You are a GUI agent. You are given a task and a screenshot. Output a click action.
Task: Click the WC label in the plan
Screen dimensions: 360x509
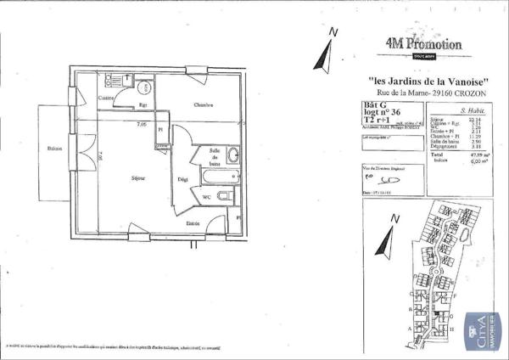coord(206,197)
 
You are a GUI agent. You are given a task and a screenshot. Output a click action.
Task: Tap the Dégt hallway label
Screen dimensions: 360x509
coord(182,179)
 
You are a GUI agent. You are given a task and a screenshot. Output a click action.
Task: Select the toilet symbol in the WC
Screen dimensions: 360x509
coord(222,197)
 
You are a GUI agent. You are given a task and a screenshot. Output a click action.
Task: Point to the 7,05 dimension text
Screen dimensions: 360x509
coord(142,124)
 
